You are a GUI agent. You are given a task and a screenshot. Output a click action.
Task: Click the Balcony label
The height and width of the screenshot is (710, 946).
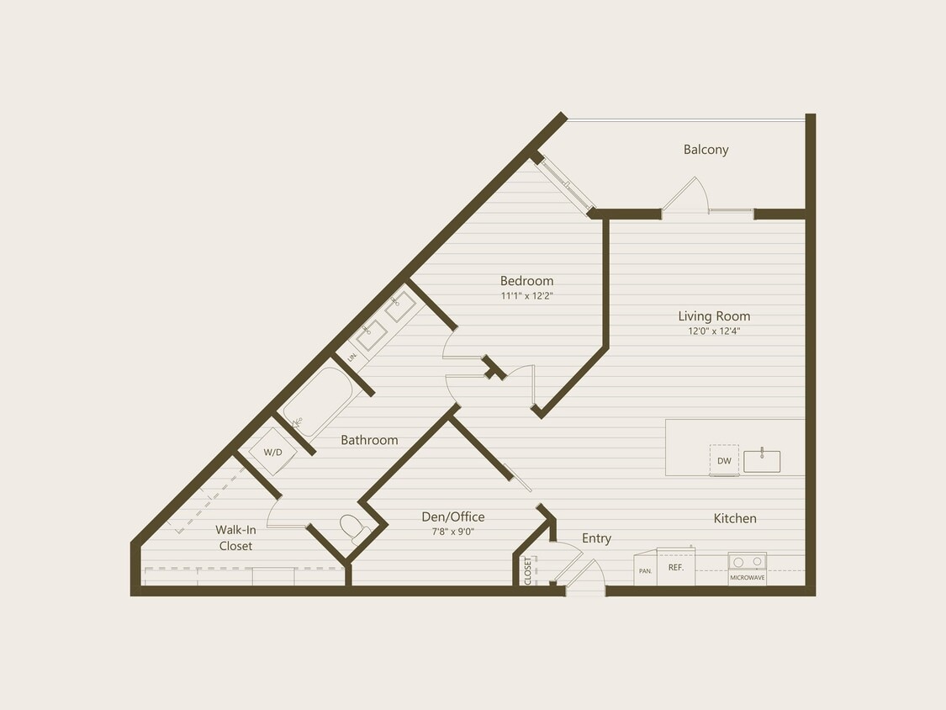click(x=706, y=150)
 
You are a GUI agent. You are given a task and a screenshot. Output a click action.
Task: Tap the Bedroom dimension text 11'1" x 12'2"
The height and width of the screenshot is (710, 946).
click(x=526, y=296)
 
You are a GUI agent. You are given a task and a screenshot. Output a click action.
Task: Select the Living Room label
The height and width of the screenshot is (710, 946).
click(x=714, y=316)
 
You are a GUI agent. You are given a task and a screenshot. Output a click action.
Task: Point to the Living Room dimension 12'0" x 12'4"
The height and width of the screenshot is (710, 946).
click(x=714, y=331)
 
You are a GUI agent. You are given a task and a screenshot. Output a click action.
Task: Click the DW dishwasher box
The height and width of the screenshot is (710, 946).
click(x=724, y=460)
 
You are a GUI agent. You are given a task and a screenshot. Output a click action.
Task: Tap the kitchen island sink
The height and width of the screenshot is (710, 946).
click(x=762, y=461)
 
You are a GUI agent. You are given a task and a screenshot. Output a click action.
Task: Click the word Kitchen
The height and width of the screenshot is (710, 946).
click(x=735, y=518)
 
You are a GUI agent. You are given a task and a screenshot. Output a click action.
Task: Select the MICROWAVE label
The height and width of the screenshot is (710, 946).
click(x=747, y=579)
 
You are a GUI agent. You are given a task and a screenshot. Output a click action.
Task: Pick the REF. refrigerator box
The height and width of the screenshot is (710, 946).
click(x=676, y=567)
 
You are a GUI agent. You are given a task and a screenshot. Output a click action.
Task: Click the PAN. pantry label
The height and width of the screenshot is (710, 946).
click(x=645, y=570)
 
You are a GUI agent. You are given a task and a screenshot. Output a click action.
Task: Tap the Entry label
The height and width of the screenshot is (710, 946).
click(x=596, y=538)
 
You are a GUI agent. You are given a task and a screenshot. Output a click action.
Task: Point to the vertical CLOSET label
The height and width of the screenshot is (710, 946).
click(x=528, y=570)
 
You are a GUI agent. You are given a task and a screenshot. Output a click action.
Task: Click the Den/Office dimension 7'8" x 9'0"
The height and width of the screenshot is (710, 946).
click(x=452, y=532)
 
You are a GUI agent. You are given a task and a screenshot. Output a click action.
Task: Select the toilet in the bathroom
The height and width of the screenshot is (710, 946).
click(x=354, y=529)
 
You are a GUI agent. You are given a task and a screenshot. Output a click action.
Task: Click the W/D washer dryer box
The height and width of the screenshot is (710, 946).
click(x=273, y=452)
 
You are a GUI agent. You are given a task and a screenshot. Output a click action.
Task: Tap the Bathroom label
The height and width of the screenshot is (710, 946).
click(x=369, y=440)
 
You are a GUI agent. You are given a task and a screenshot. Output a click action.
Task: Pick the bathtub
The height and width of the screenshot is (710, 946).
click(x=317, y=402)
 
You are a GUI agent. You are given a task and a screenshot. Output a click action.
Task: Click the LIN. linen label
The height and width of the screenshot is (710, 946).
click(x=352, y=357)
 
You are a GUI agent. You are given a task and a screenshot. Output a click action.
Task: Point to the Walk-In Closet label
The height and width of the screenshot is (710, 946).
click(x=235, y=538)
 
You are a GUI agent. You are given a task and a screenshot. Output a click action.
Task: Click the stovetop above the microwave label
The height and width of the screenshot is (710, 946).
click(x=747, y=561)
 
